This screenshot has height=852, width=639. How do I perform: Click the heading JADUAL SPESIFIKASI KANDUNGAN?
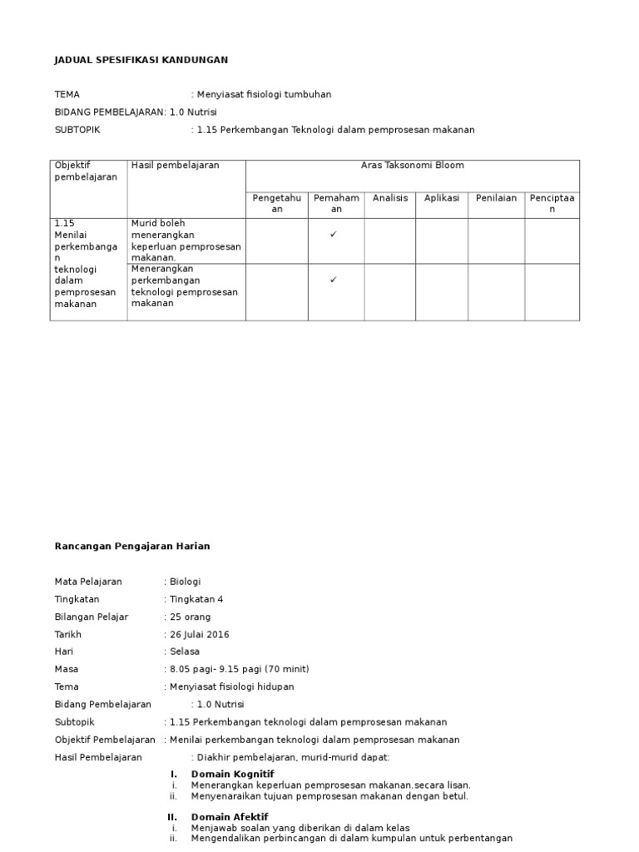[141, 60]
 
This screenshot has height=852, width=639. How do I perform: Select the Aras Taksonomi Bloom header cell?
[412, 166]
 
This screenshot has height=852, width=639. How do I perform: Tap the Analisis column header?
[390, 198]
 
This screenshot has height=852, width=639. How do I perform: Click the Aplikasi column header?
[442, 198]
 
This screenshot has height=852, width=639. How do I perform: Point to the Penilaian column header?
[496, 198]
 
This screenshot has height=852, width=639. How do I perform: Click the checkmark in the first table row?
[333, 235]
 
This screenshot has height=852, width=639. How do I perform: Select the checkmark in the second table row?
[333, 280]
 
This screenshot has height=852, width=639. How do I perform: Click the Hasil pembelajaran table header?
[176, 166]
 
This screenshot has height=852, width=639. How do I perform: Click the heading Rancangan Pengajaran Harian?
[132, 546]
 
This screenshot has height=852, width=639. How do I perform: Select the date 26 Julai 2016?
[200, 634]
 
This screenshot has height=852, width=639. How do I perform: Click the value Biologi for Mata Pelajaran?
[186, 582]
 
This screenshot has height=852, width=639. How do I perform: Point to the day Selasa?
[185, 651]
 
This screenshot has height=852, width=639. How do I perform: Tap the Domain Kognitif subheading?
[232, 774]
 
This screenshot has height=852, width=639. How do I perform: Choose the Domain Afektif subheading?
[230, 817]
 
